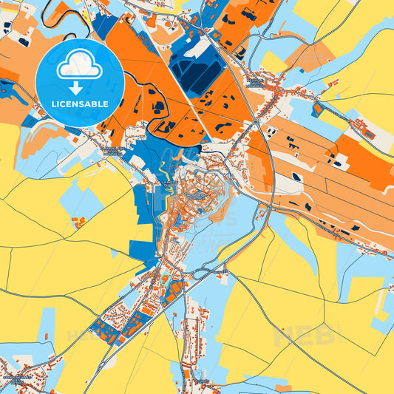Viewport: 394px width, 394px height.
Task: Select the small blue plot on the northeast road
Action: pyautogui.click(x=318, y=110)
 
